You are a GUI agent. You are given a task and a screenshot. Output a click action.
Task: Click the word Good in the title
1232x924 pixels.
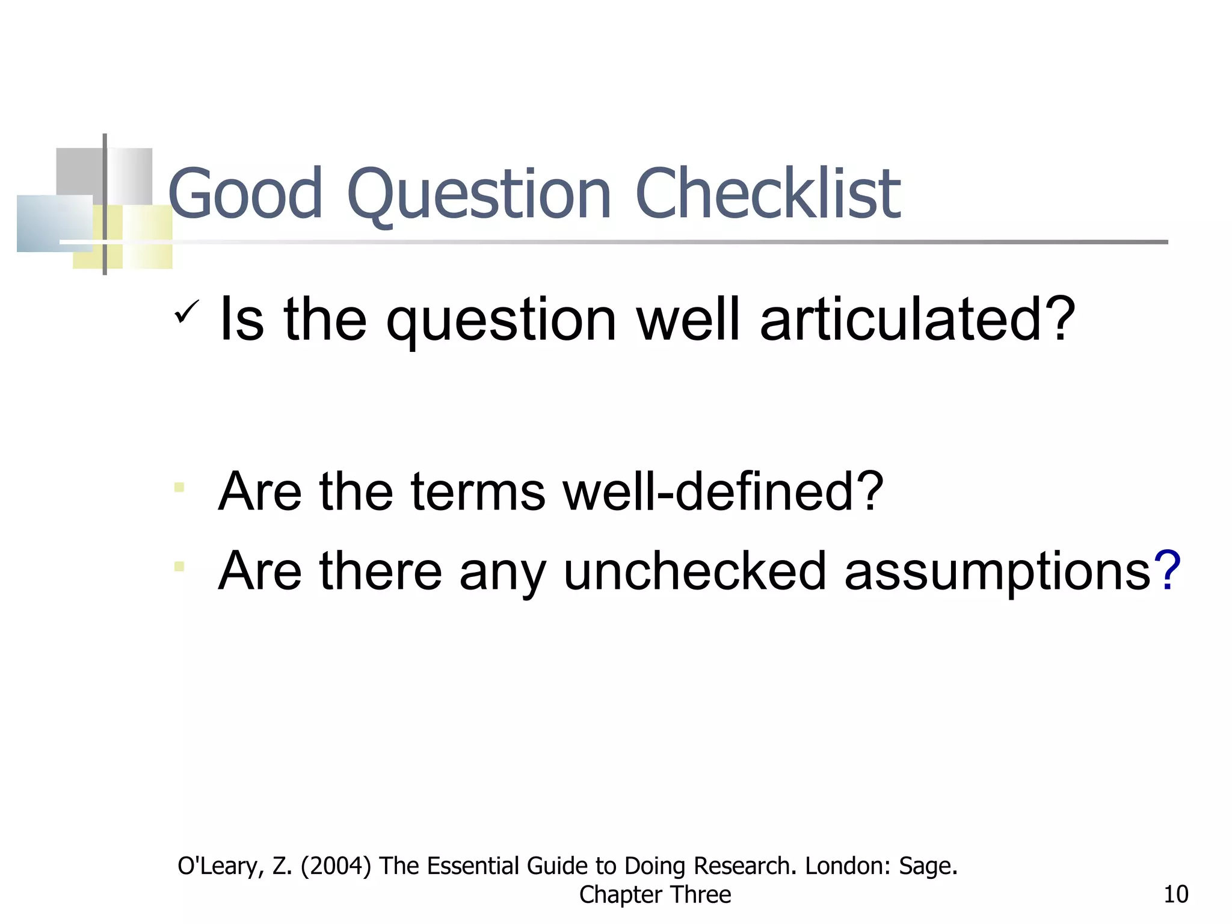pos(245,194)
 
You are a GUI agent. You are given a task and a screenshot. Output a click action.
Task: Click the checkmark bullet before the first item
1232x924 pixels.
pos(186,312)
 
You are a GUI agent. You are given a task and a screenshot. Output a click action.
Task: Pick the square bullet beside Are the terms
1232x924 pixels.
pos(179,487)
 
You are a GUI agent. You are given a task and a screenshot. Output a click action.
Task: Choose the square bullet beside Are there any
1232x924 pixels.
pos(179,566)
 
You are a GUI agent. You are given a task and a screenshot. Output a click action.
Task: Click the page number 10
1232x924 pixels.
pos(1175,895)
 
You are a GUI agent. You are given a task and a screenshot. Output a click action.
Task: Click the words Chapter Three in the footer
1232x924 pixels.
pos(654,895)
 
